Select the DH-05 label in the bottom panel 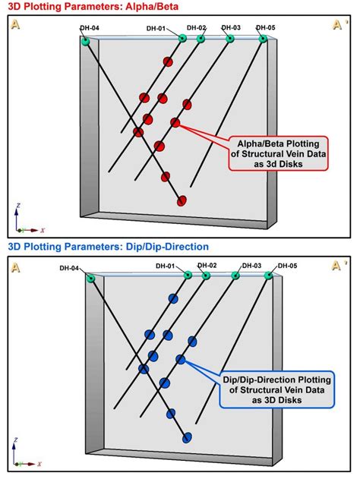tap(287, 266)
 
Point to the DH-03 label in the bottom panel tap(251, 266)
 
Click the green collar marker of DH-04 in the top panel tap(85, 41)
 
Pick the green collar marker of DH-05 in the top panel tap(263, 38)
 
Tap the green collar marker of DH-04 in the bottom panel tap(90, 279)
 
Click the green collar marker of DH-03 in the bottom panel tap(235, 276)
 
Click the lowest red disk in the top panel tap(182, 200)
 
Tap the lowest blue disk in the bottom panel tap(187, 436)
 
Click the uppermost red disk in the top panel tap(168, 62)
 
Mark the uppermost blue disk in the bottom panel tap(173, 298)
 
